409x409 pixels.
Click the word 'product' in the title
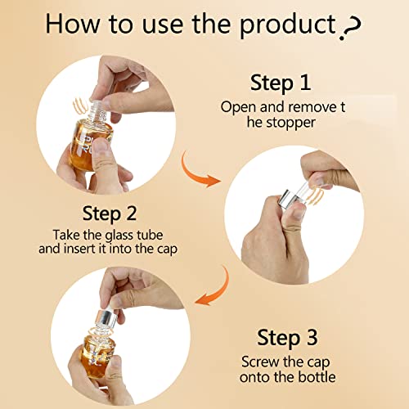pos(287,25)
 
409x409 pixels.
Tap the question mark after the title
pos(352,27)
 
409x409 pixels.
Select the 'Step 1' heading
pos(281,83)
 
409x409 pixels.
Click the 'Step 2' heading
pos(110,213)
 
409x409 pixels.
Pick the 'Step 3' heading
pos(287,338)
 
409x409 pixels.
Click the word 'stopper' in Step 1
pos(290,123)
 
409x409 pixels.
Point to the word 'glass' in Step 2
pos(119,236)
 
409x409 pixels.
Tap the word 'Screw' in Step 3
pos(261,362)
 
